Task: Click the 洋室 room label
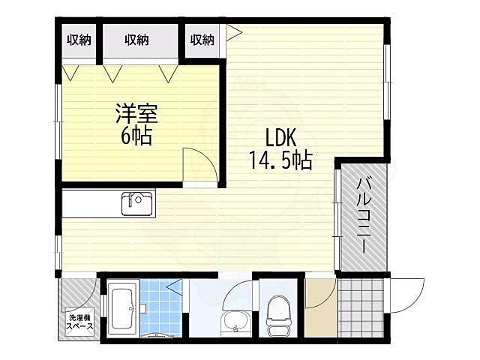[x=136, y=114]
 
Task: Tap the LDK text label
[x=280, y=138]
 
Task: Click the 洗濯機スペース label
[x=80, y=322]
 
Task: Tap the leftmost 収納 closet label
[x=79, y=40]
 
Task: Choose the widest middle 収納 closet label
[x=136, y=40]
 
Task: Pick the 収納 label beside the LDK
[x=202, y=40]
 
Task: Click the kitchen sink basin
[x=137, y=204]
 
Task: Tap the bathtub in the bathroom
[x=122, y=308]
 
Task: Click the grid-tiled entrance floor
[x=361, y=307]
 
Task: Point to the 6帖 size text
[x=136, y=136]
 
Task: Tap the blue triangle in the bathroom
[x=175, y=287]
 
